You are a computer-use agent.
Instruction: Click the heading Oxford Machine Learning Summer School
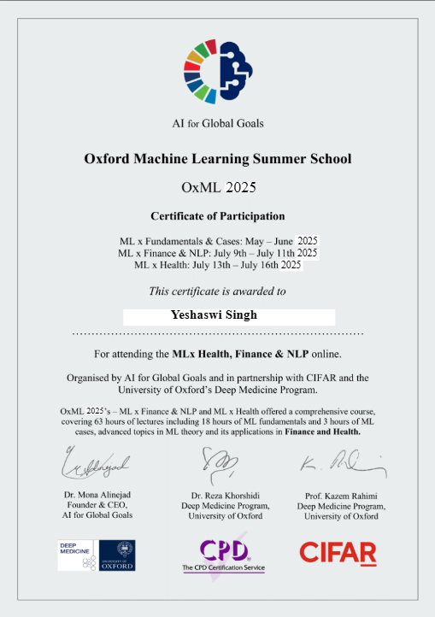click(x=217, y=158)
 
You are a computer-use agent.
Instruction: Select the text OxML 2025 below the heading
click(x=218, y=187)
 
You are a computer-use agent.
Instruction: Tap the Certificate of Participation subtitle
click(x=218, y=215)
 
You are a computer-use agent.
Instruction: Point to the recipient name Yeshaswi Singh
click(x=214, y=314)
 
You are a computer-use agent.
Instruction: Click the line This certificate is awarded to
click(x=217, y=291)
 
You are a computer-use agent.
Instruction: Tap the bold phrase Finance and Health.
click(x=328, y=432)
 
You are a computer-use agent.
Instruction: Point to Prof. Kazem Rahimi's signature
click(x=342, y=465)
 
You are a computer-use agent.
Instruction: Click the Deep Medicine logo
click(x=76, y=555)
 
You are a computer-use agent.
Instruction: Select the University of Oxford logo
click(x=117, y=555)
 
